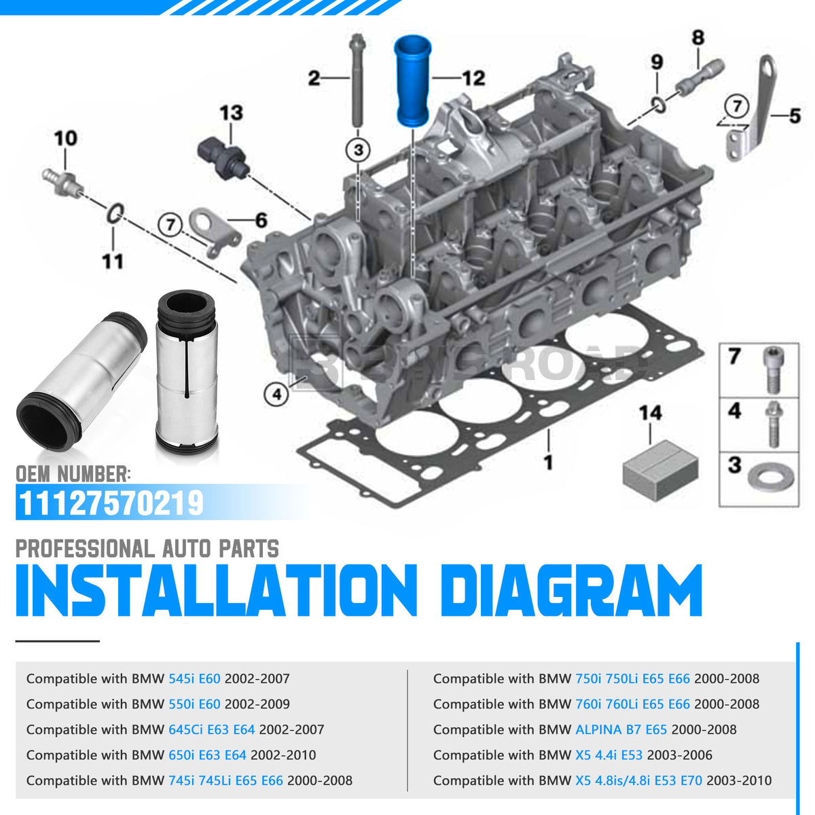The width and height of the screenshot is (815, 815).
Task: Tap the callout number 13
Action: click(232, 113)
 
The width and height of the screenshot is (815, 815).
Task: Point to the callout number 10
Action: click(66, 139)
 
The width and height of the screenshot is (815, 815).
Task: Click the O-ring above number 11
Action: click(115, 213)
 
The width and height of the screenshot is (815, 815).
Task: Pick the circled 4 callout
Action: click(276, 395)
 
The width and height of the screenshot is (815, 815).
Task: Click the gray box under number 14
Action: click(660, 469)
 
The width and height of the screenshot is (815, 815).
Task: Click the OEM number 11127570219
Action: click(111, 503)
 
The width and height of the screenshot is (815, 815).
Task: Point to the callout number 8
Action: click(698, 37)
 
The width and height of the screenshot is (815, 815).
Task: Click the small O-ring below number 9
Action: click(658, 105)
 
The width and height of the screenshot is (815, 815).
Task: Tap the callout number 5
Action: click(795, 115)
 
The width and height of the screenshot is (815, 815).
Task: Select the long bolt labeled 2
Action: click(357, 80)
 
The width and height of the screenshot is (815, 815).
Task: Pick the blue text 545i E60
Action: click(194, 678)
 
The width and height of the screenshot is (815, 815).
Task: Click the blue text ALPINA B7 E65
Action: click(621, 729)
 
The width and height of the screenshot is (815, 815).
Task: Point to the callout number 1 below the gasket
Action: click(549, 463)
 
